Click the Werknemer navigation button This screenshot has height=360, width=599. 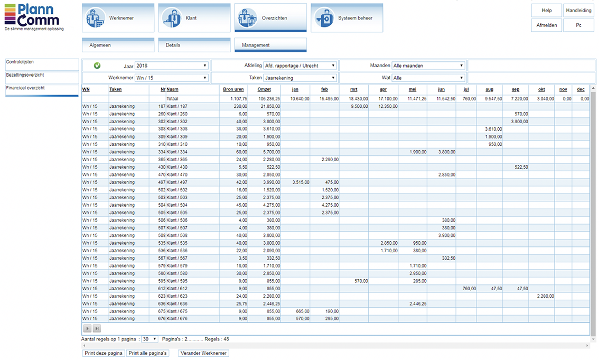(118, 18)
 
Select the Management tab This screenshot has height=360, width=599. (270, 45)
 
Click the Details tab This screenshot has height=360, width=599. (194, 45)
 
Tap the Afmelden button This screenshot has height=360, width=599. (546, 25)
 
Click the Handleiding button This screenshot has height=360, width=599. (578, 11)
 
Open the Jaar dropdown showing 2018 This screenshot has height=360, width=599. (171, 66)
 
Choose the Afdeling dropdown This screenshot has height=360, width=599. (299, 66)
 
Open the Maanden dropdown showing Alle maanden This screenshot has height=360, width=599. (428, 66)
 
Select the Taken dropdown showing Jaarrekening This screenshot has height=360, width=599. (299, 78)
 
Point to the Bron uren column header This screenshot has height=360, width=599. (233, 90)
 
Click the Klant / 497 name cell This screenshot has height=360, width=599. (177, 182)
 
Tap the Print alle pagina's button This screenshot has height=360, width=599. (147, 353)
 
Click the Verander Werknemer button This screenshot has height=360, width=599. (203, 353)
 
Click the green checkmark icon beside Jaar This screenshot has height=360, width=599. (97, 66)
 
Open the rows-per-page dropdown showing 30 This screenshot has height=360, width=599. (150, 339)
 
